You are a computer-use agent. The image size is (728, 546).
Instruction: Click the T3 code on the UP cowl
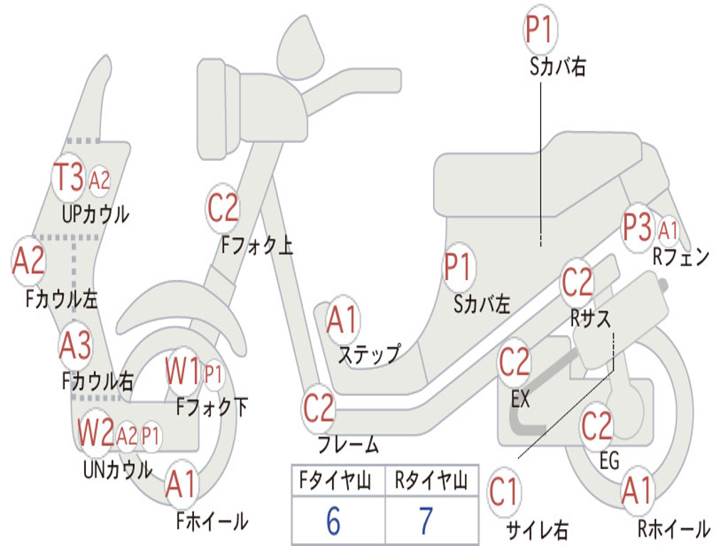coord(70,178)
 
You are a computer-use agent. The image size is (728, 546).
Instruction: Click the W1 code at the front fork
coord(183,370)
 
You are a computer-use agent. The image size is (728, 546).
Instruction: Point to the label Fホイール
coord(212,521)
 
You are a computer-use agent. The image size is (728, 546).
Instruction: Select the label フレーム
coord(348,446)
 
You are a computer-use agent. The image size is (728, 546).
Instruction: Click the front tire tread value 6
coord(333,521)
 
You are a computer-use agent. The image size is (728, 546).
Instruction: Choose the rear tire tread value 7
coord(426,521)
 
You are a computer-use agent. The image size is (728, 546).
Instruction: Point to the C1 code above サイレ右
coord(504,491)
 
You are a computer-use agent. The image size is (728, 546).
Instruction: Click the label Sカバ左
coord(482,304)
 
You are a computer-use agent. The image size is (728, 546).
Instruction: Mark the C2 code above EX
coord(515,363)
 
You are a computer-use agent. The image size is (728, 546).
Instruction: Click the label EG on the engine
coord(609,461)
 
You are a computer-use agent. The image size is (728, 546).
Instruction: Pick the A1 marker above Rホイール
coord(636,491)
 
